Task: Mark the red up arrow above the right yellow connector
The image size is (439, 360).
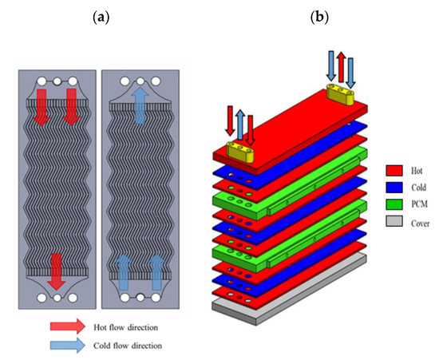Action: [342, 65]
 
